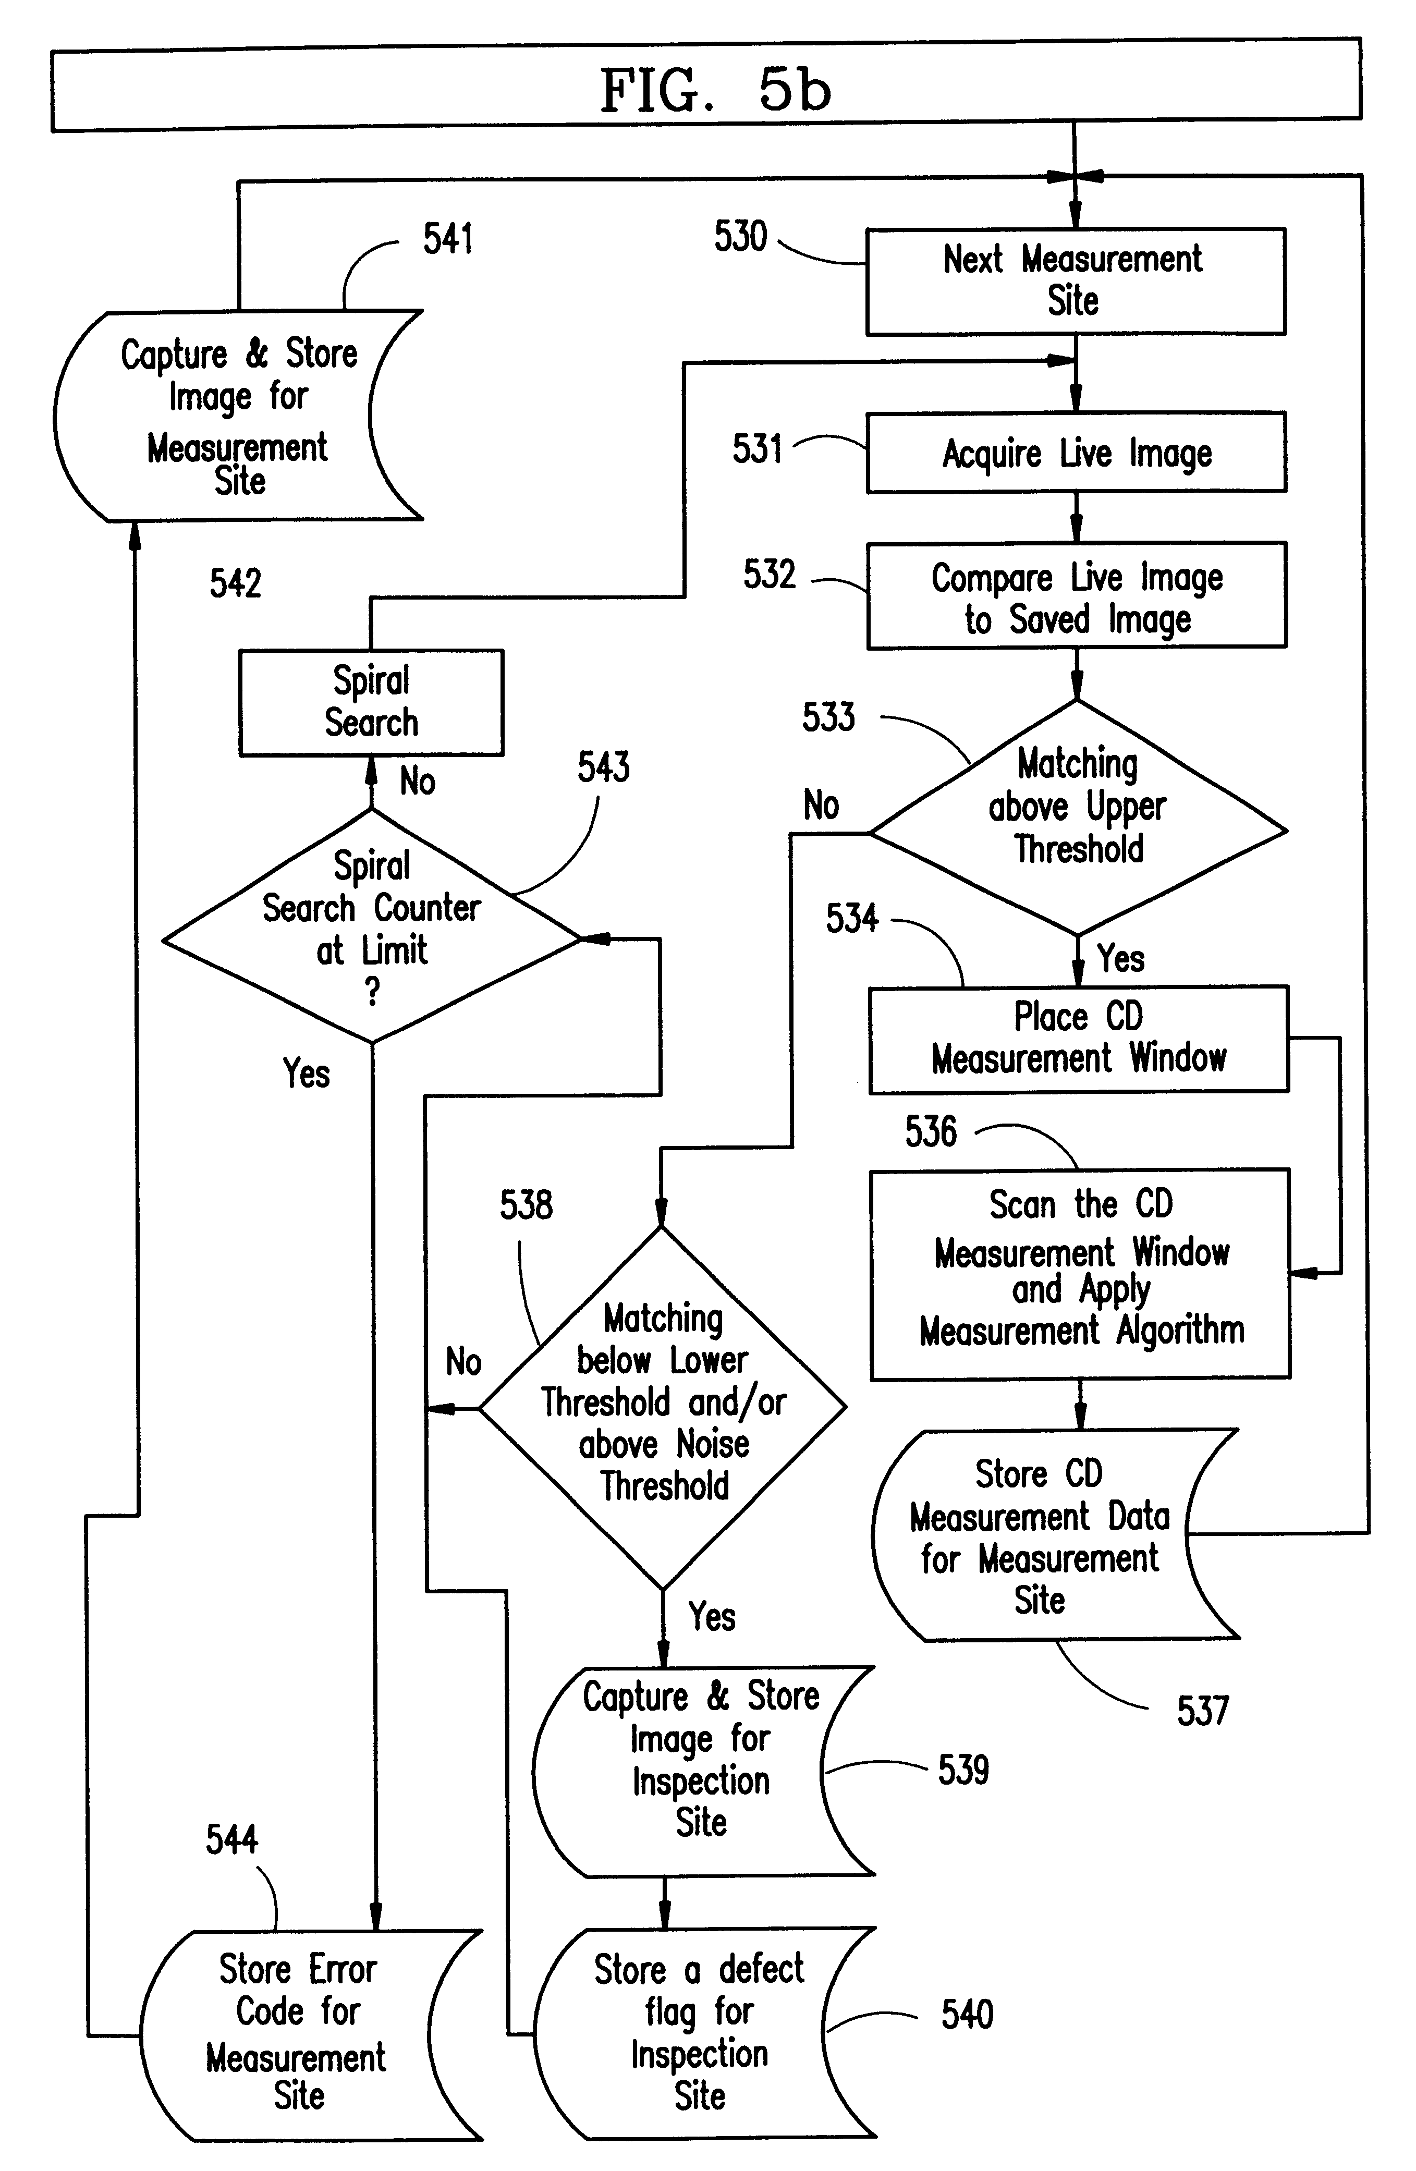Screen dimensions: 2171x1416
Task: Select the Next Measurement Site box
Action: tap(1075, 281)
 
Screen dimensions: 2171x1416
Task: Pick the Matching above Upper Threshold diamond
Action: tap(1078, 816)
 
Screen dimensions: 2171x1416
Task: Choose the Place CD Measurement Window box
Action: tap(1078, 1039)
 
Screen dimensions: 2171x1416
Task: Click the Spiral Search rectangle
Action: tap(371, 702)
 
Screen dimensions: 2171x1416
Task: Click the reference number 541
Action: tap(448, 239)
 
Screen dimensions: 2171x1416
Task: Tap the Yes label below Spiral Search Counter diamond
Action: tap(306, 1074)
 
